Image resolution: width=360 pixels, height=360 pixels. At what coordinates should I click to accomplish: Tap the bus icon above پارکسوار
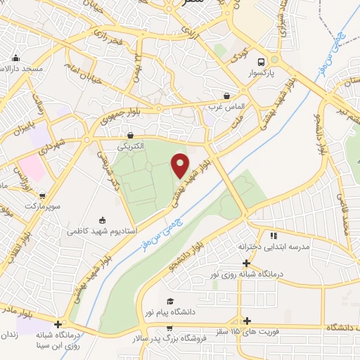262,61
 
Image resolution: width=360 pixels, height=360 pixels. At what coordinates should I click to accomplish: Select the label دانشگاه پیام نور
169,311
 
